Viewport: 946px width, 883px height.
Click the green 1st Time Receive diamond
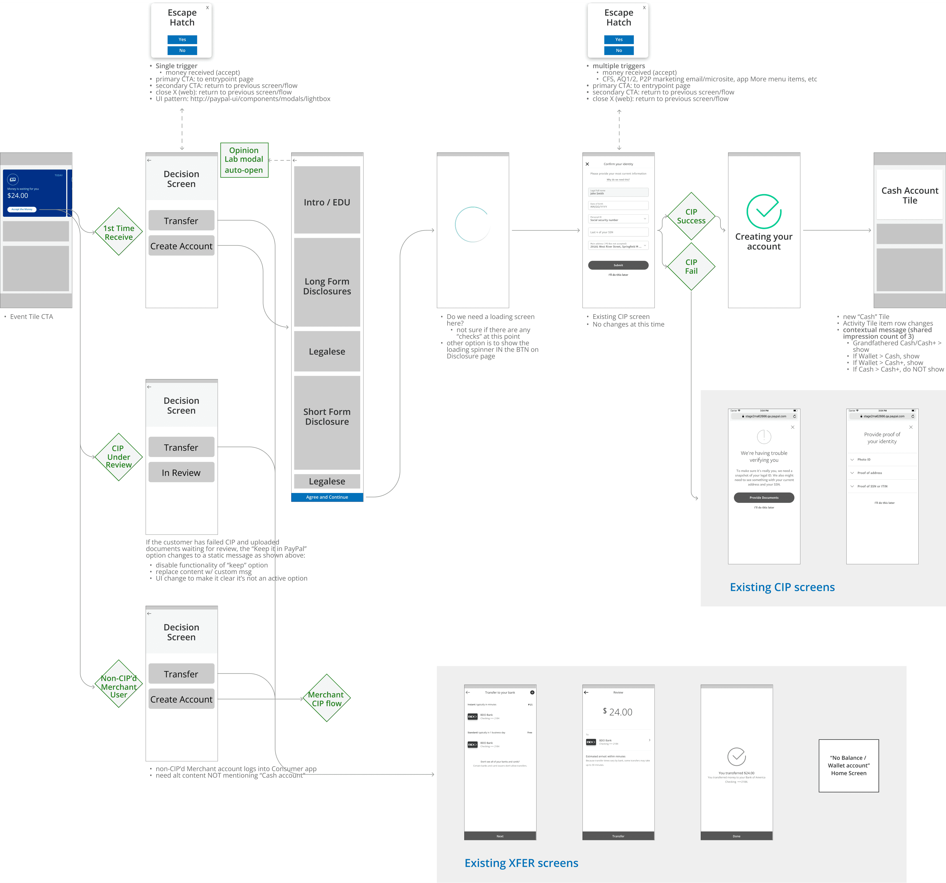coord(119,232)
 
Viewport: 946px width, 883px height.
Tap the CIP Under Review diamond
coord(119,457)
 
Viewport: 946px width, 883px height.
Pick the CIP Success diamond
coord(691,216)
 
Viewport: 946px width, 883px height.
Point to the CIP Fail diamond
coord(691,266)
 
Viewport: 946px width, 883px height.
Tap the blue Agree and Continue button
coord(327,497)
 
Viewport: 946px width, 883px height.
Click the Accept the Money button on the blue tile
coord(22,209)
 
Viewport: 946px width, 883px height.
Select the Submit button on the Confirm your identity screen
coord(618,265)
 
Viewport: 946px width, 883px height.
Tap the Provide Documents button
coord(764,498)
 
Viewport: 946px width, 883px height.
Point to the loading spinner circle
coord(472,224)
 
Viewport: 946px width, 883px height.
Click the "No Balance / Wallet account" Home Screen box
coord(849,766)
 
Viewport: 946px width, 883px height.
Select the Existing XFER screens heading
coord(521,863)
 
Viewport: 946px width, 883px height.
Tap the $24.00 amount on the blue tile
coord(18,195)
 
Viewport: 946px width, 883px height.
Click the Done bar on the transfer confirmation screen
coord(736,836)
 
